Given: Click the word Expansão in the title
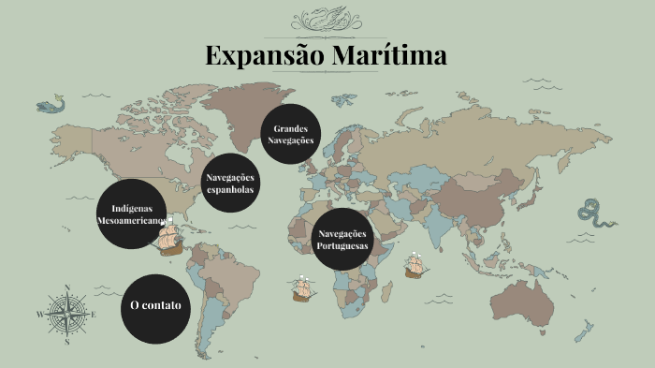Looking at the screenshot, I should coord(263,55).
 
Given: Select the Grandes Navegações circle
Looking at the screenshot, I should coord(291,133).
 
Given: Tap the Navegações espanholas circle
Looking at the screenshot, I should coord(230,183).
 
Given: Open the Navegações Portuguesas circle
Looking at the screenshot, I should coord(343,239).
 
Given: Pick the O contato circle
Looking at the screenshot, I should coord(155,306).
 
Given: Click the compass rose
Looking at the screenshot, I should coord(67,314).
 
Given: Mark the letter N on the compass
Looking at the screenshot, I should coord(67,287).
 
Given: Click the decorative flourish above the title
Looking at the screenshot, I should coord(326,18).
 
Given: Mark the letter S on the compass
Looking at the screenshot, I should coord(67,342).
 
